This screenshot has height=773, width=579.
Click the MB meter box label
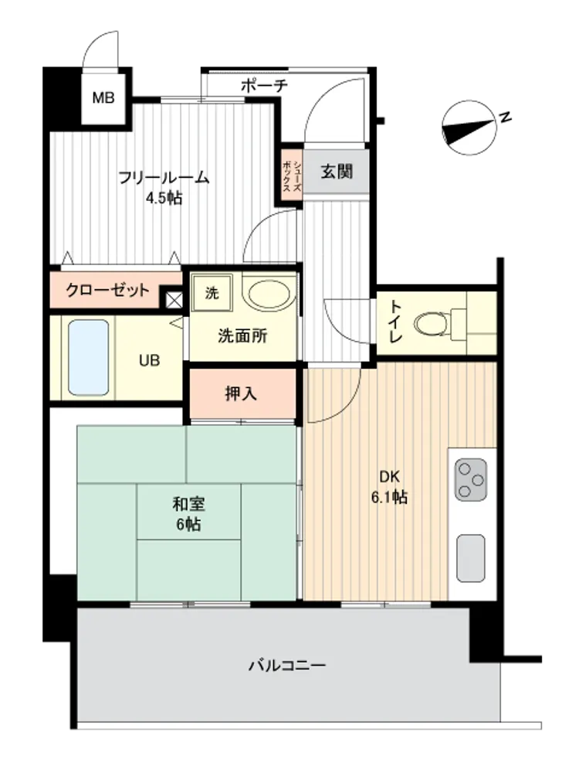point(103,97)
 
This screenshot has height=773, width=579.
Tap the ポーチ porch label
point(264,86)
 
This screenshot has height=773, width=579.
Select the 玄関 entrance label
point(337,172)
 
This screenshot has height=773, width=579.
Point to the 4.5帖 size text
point(164,198)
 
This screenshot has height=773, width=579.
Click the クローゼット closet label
point(107,290)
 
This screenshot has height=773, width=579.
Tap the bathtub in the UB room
point(89,357)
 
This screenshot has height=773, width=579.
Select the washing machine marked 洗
point(212,293)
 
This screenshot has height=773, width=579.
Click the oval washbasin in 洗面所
point(269,295)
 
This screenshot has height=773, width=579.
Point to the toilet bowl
point(432,324)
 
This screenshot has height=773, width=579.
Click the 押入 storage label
point(241,393)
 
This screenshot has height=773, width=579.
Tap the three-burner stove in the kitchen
point(471,480)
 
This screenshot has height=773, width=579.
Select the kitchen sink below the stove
point(471,558)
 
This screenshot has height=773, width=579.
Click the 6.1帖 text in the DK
point(389,497)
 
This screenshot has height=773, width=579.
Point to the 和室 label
point(188,504)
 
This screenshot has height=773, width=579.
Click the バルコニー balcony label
point(287,666)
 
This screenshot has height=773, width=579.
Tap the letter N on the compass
point(505,117)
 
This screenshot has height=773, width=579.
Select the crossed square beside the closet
point(174,300)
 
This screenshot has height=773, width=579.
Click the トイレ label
point(395,321)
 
